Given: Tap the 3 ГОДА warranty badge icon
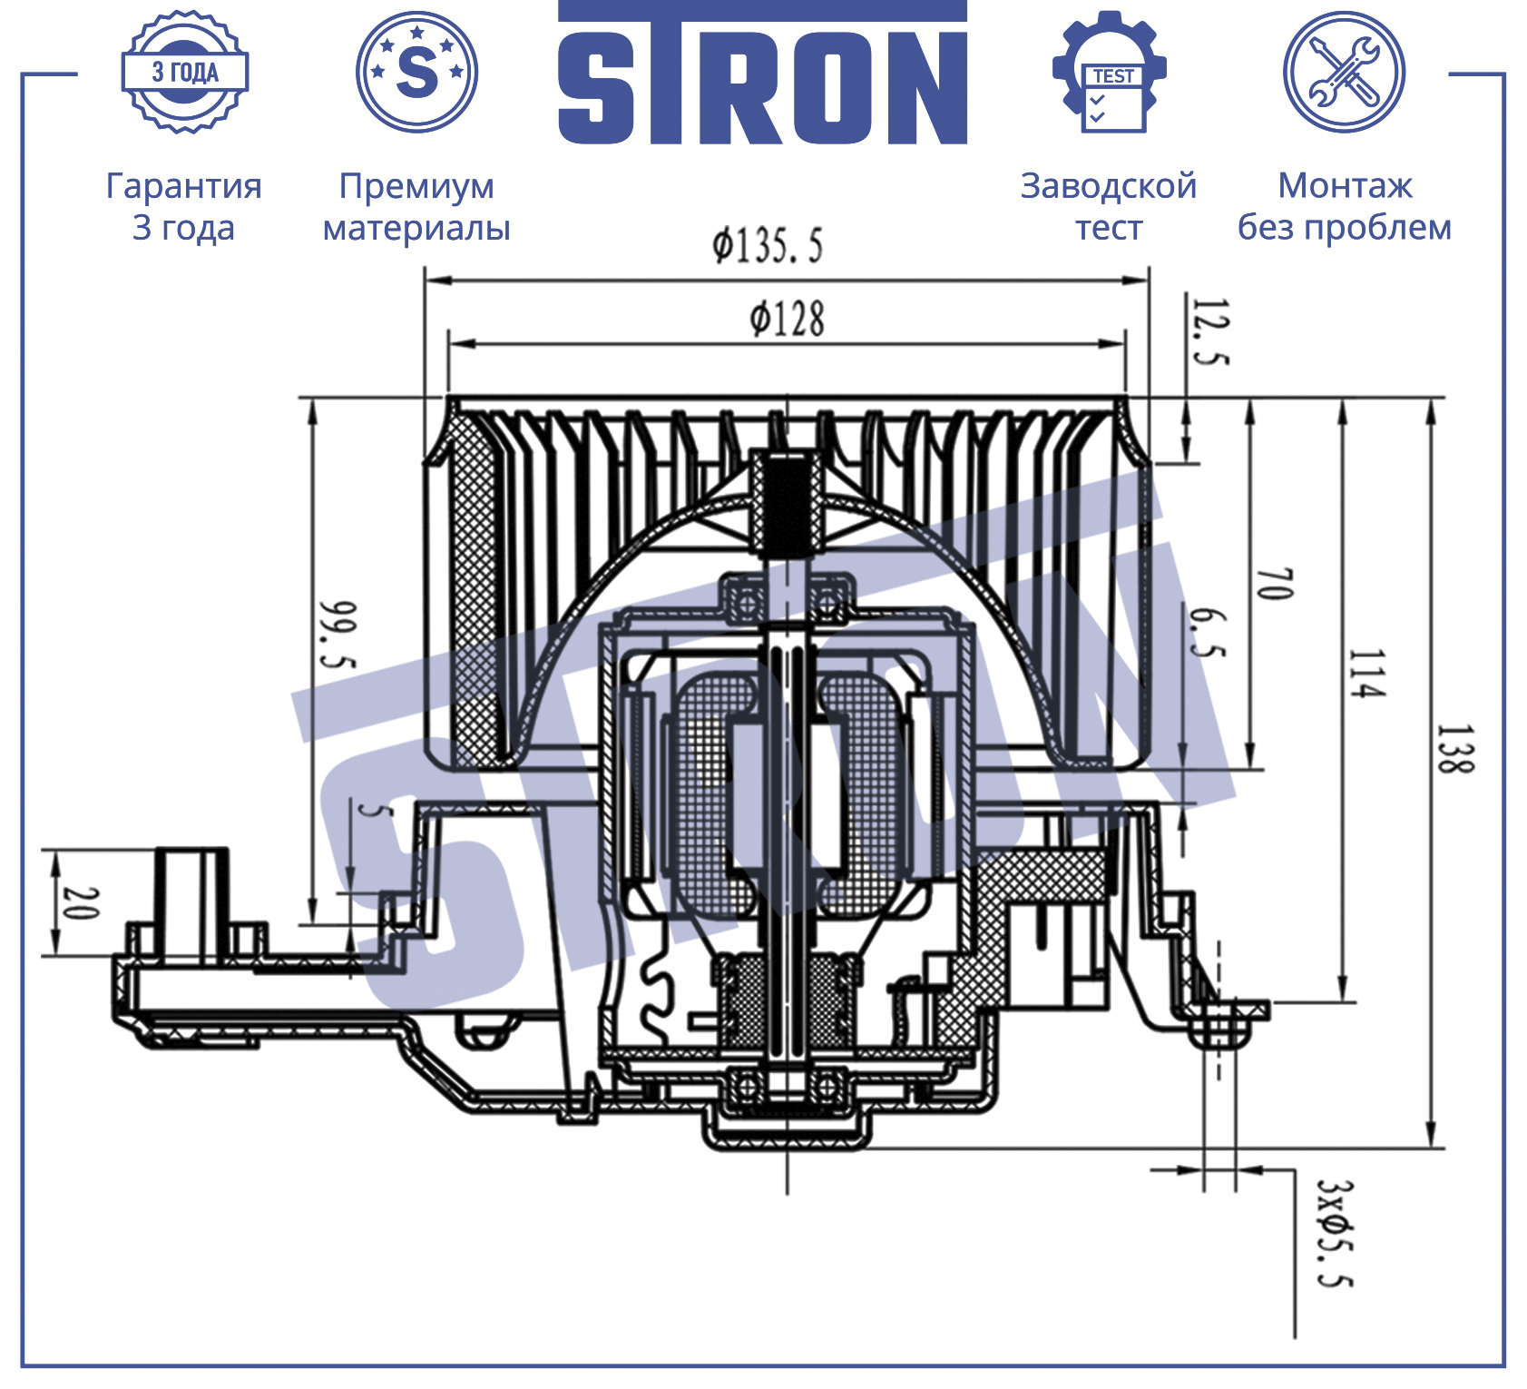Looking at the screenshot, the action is click(185, 72).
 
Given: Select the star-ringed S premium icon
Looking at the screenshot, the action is click(417, 72).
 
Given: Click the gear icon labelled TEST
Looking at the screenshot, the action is click(1110, 72).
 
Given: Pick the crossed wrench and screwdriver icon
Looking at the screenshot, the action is click(1344, 72).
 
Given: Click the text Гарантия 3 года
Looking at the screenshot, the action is click(184, 206).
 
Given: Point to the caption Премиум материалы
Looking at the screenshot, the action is click(416, 206).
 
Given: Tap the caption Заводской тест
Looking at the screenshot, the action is click(1109, 206).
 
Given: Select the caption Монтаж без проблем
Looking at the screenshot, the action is click(1345, 206).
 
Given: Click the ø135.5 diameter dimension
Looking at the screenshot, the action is click(768, 246).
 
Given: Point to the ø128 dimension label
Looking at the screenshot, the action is click(787, 320).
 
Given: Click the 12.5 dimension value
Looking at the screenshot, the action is click(1209, 331).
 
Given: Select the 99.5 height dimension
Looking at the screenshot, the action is click(338, 635).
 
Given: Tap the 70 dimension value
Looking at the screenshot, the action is click(1275, 584).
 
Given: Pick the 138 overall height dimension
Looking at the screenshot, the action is click(1455, 749).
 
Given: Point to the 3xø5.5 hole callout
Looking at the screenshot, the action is click(1335, 1233).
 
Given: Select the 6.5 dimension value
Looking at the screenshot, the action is click(1208, 633).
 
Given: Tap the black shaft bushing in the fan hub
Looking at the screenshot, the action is click(787, 505).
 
